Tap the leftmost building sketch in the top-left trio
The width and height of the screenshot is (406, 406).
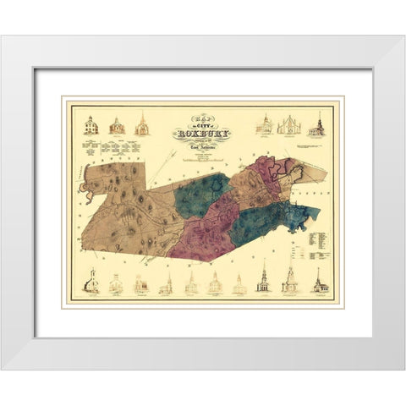(91, 125)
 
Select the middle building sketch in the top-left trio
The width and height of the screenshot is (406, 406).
(117, 125)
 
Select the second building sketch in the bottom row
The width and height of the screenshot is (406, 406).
(116, 285)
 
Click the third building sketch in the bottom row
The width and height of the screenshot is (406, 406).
(141, 285)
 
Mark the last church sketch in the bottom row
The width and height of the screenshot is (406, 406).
(320, 282)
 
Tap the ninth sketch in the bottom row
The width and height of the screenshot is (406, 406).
(289, 282)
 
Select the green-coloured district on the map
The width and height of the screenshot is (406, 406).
(200, 193)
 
